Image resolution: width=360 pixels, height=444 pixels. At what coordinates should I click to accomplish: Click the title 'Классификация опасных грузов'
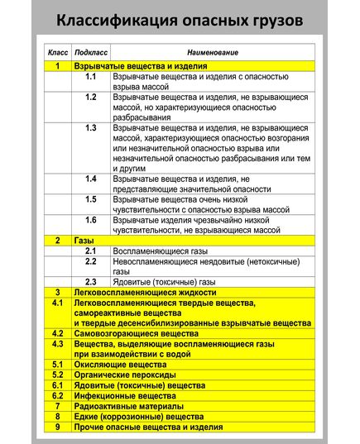180,19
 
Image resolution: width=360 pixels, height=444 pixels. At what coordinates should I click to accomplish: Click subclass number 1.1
91,76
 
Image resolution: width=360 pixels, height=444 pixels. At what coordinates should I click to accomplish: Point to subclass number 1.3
91,127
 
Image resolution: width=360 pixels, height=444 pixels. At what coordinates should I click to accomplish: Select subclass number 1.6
91,220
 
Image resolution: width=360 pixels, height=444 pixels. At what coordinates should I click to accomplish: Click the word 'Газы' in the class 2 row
83,240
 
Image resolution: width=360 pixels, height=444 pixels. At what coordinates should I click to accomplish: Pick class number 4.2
57,332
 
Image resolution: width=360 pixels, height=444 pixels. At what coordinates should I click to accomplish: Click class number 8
57,418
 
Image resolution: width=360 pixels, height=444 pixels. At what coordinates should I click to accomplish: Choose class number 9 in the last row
57,427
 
